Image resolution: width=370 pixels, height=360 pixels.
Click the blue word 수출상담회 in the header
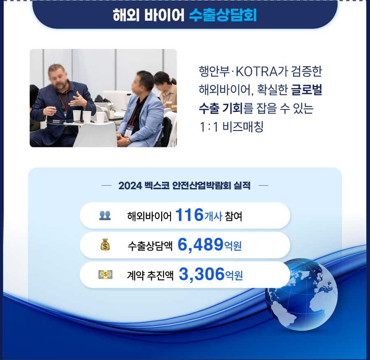coord(223,15)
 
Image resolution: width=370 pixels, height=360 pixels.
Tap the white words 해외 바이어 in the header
coord(148,15)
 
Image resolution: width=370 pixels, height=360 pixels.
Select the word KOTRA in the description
coord(259,72)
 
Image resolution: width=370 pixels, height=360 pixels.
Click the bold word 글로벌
coord(307,90)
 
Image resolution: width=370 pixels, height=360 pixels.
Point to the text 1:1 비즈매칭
coord(231,127)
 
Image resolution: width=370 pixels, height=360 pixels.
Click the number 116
coord(190,215)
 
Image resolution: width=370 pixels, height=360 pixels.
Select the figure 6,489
coord(200,244)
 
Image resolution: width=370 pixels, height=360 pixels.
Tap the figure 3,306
coord(201,274)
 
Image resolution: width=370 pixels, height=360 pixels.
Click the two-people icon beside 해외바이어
coord(105,216)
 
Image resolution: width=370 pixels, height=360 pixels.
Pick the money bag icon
coord(105,244)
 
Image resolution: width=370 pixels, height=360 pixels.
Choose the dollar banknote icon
coord(105,274)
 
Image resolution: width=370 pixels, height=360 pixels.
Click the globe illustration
coord(301,294)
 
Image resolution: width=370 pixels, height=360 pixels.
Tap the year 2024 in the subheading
coord(130,186)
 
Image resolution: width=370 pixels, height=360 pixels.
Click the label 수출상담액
coord(150,246)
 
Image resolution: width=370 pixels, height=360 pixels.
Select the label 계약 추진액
coord(150,275)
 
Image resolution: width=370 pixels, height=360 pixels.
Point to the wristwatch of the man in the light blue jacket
coord(128,141)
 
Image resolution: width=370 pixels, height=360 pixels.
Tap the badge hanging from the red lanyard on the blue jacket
coord(129,131)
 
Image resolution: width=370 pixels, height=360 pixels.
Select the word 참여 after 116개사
coord(234,216)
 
